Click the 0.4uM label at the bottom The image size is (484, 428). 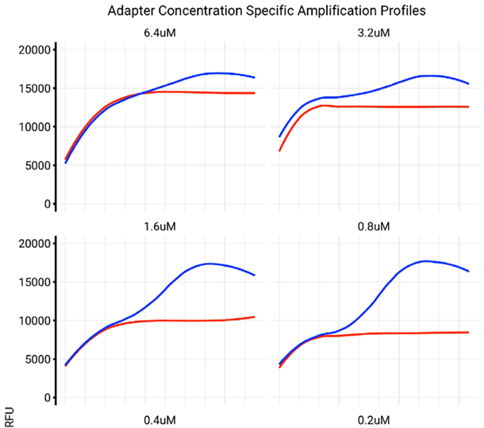(x=160, y=419)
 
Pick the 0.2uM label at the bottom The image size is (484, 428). (x=374, y=419)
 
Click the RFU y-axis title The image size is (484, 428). (x=8, y=418)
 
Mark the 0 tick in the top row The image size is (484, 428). (x=46, y=204)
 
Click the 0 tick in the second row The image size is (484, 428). (x=46, y=397)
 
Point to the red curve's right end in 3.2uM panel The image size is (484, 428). (x=468, y=106)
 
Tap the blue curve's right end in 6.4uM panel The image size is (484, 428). (x=255, y=77)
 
